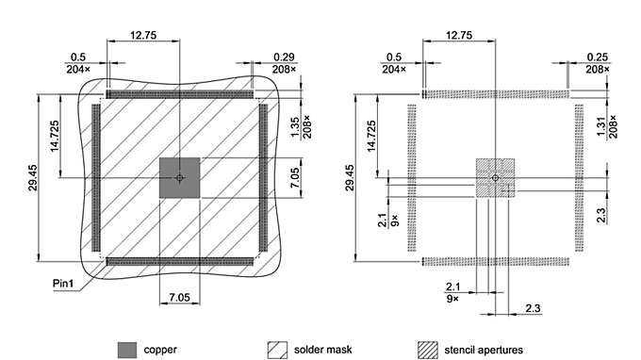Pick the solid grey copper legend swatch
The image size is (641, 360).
pos(128,350)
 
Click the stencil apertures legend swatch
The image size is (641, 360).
pos(429,350)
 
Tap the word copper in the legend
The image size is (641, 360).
pos(160,350)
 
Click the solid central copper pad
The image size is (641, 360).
pos(179,177)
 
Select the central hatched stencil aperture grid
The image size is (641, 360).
pos(496,177)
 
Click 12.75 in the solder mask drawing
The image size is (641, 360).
pos(143,35)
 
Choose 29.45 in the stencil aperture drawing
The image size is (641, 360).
pos(351,178)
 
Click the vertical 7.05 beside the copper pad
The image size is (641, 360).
pos(295,177)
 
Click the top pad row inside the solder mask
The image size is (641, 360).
pos(179,94)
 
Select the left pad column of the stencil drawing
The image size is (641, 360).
pos(412,177)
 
